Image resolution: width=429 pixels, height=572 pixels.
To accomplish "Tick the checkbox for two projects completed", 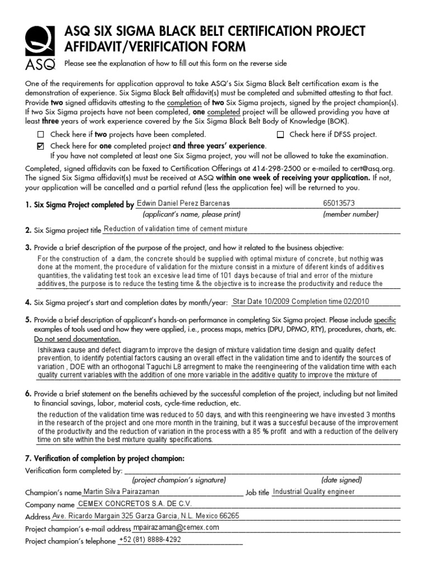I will point(40,135).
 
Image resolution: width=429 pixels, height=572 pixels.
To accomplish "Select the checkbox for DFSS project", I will point(280,135).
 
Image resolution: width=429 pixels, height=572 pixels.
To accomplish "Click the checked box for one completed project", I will point(40,146).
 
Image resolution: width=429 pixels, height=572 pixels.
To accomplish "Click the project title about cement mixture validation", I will point(176,229).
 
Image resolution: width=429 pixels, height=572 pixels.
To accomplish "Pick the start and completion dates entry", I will point(300,302).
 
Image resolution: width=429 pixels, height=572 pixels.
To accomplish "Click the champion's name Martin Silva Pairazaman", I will point(121,492).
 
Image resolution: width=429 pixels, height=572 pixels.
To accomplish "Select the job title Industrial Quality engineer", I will point(313,492).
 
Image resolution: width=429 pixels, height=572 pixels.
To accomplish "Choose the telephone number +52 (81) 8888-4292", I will point(150,540).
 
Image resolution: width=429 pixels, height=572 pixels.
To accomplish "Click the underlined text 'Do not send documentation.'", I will point(77,339).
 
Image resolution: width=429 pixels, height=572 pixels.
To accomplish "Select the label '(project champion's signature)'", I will point(179,480).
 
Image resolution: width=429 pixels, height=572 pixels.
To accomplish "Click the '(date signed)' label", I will point(341,480).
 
